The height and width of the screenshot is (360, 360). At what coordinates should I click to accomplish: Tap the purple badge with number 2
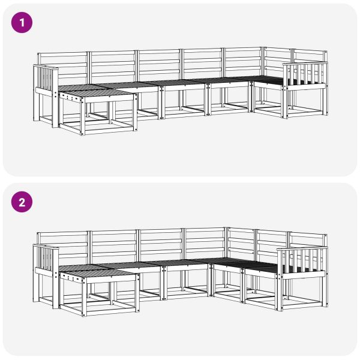click(23, 202)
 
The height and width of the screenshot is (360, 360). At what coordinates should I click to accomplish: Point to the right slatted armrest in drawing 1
click(305, 74)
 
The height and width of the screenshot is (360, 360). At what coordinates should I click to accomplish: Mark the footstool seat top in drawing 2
click(96, 272)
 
